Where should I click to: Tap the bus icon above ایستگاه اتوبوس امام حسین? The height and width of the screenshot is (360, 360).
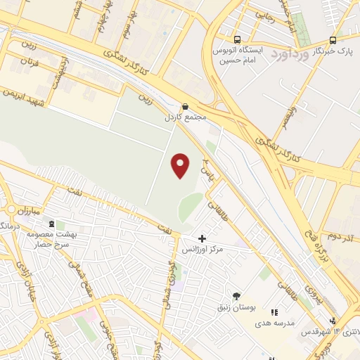[x=237, y=40]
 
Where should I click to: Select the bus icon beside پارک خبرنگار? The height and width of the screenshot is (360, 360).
[x=333, y=40]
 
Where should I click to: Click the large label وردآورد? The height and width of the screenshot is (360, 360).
[x=289, y=53]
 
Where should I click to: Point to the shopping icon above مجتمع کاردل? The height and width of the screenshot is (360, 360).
[x=185, y=106]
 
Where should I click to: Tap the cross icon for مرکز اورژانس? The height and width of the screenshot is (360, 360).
[x=202, y=239]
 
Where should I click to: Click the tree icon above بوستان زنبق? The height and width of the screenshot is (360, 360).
[x=236, y=296]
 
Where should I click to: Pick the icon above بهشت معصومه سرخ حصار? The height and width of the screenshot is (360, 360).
[x=51, y=222]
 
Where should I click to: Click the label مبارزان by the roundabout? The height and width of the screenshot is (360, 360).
[x=32, y=211]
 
